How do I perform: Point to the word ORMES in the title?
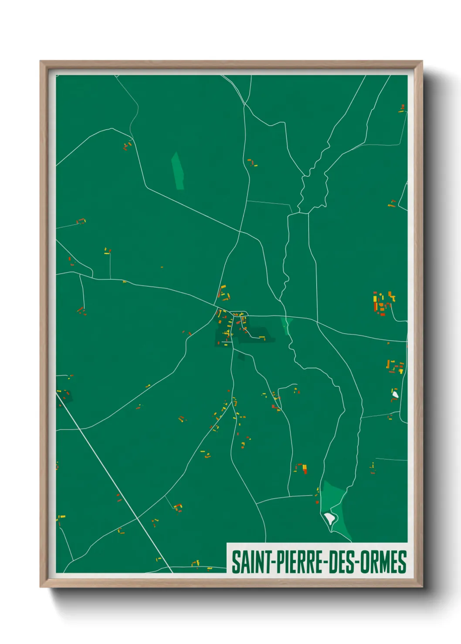tap(383, 562)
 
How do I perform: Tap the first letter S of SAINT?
tap(235, 562)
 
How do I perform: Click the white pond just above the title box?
tap(330, 518)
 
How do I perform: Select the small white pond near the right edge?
tap(395, 395)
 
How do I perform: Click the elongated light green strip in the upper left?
tap(177, 171)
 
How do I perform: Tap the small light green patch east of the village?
tap(286, 325)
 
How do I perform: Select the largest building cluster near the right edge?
tap(383, 302)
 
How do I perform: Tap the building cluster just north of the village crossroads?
tap(224, 293)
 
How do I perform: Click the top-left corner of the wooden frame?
tap(41, 61)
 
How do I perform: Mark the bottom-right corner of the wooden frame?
tap(422, 587)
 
